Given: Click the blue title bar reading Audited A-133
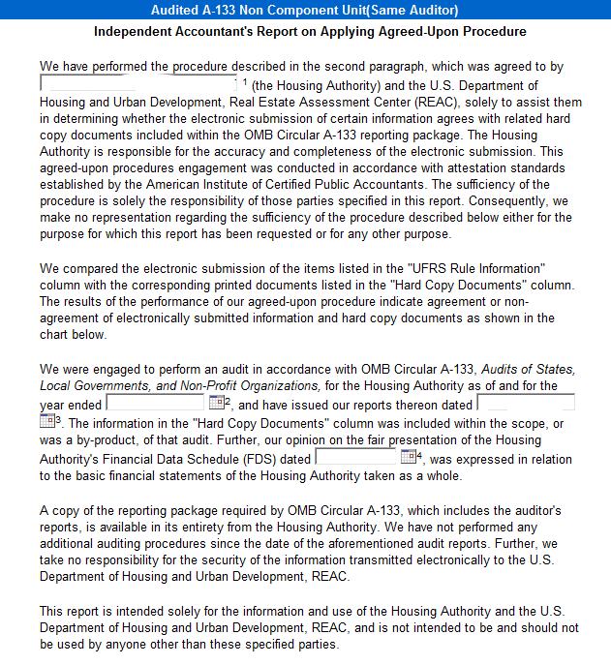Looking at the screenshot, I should [x=305, y=10].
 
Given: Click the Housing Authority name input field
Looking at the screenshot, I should [x=137, y=84].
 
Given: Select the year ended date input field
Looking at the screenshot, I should [x=155, y=404].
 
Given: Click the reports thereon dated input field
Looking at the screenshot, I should [x=526, y=404].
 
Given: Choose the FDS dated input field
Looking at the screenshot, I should [x=356, y=458].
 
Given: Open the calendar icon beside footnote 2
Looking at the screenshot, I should [x=216, y=404].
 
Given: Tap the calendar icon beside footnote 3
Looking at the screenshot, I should [x=46, y=421].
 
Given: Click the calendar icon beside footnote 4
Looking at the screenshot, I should [x=408, y=458].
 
